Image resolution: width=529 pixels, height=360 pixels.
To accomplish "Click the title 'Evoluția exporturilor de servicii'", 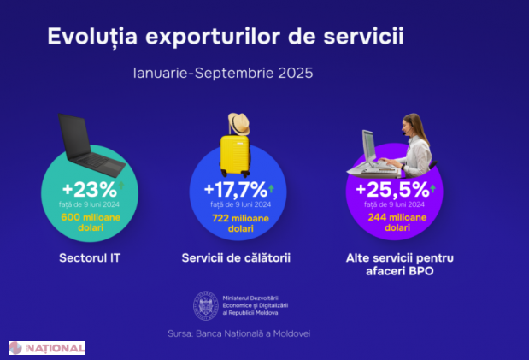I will pos(226,37).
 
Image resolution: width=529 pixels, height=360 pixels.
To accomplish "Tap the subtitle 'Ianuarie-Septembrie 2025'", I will pos(223,74).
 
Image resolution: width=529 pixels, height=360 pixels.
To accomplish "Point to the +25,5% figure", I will pos(391,189).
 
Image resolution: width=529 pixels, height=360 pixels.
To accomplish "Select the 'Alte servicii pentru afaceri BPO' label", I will pos(398,263).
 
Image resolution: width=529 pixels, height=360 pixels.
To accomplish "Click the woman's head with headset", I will pos(412,127).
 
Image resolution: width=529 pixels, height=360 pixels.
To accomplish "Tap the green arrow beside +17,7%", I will pos(272,187).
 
